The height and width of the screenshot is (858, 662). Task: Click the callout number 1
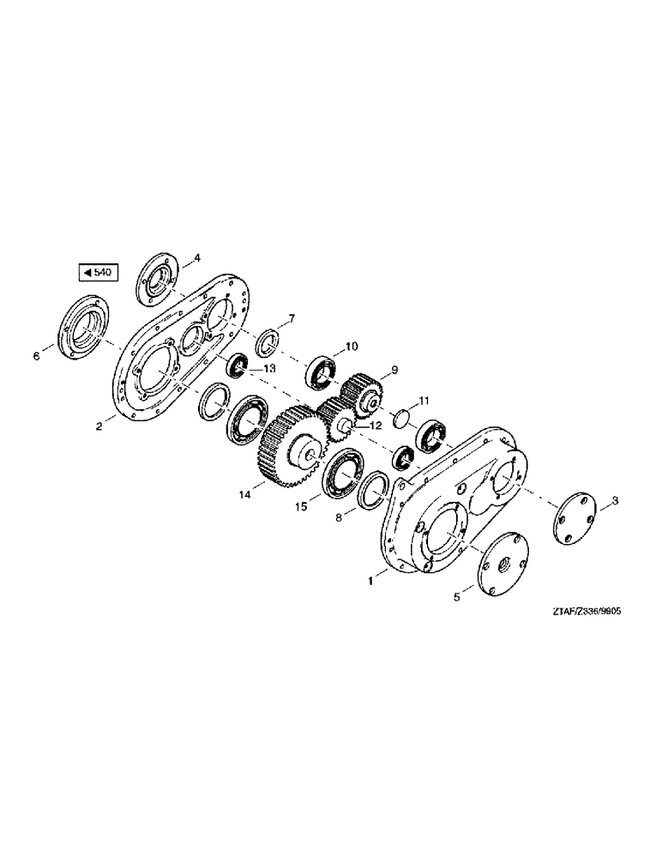click(370, 581)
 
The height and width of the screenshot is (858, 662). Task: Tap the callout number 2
click(99, 425)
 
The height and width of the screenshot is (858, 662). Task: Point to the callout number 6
click(37, 354)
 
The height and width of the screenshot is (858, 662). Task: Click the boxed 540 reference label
click(97, 274)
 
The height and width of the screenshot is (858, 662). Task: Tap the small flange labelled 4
click(156, 275)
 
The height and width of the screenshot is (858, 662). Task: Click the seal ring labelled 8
click(372, 492)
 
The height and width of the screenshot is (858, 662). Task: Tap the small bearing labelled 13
click(238, 368)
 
